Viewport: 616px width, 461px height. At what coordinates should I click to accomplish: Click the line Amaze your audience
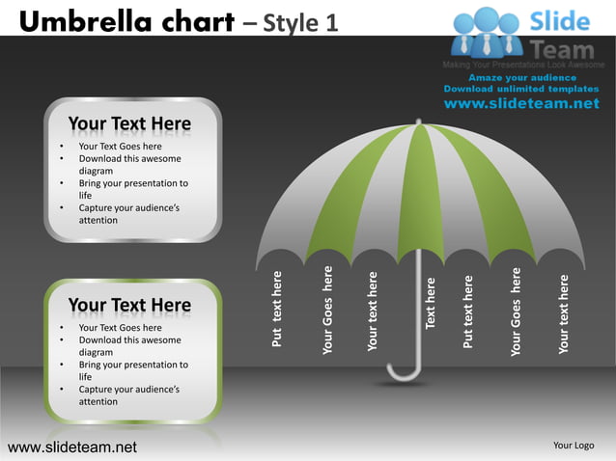pyautogui.click(x=521, y=78)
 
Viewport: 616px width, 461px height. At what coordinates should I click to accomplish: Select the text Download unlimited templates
pyautogui.click(x=521, y=89)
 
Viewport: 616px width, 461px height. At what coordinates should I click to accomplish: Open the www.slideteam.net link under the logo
pyautogui.click(x=521, y=103)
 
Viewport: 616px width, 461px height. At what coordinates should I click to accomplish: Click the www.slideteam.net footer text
pyautogui.click(x=72, y=447)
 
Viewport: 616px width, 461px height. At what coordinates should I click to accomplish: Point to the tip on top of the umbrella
pyautogui.click(x=419, y=122)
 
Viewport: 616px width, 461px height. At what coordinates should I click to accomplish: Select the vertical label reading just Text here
pyautogui.click(x=431, y=302)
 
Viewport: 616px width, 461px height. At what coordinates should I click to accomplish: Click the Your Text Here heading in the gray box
pyautogui.click(x=129, y=124)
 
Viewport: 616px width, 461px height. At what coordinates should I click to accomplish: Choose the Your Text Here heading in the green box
pyautogui.click(x=129, y=306)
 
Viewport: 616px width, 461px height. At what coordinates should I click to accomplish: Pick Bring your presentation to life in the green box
pyautogui.click(x=132, y=370)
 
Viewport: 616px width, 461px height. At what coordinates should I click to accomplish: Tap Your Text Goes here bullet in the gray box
pyautogui.click(x=120, y=147)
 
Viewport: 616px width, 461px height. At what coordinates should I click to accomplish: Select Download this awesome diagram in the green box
pyautogui.click(x=128, y=346)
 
